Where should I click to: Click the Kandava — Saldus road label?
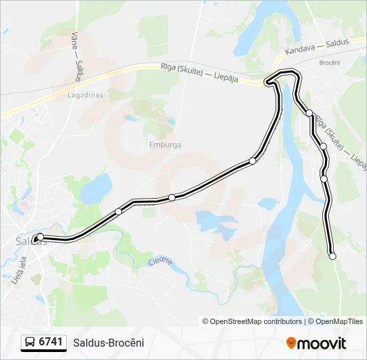click(x=317, y=47)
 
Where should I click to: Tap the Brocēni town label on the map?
click(x=330, y=62)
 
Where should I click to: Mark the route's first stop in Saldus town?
click(x=40, y=237)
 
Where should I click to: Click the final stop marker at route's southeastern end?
click(x=332, y=256)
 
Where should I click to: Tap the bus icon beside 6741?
click(x=30, y=343)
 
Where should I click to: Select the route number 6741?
click(x=51, y=343)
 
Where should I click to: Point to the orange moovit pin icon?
click(x=291, y=343)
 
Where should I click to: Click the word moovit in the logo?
click(x=322, y=343)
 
